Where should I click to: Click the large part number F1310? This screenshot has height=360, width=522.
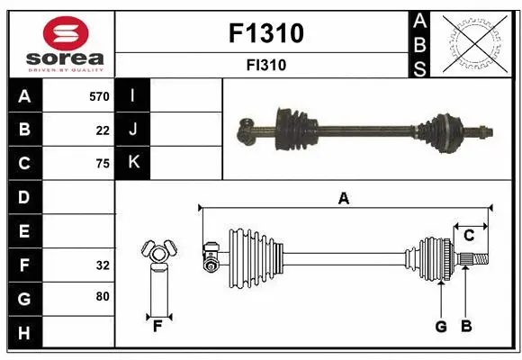coord(266,33)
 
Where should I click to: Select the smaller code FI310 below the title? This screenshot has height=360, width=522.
coord(266,65)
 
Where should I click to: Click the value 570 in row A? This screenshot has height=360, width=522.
coord(98,96)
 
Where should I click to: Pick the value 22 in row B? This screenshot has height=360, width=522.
coord(103,130)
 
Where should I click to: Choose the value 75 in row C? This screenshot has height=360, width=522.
coord(102,164)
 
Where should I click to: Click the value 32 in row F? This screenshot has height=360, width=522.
coord(102,265)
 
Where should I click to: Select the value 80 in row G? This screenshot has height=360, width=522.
coord(102,298)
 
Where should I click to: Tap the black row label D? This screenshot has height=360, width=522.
coord(24,197)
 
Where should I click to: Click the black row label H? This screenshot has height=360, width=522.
coord(24,332)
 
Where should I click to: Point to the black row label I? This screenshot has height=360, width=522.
coord(132,96)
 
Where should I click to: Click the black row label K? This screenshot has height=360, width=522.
coord(133,163)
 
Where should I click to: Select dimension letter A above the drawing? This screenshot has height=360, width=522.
coord(343,199)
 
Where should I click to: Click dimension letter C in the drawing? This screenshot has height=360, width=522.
coord(469,235)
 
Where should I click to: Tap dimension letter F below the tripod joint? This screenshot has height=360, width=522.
coord(157,326)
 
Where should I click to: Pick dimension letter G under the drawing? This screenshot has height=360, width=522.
coord(441,326)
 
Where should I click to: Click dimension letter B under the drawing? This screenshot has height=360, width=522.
coord(465,326)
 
